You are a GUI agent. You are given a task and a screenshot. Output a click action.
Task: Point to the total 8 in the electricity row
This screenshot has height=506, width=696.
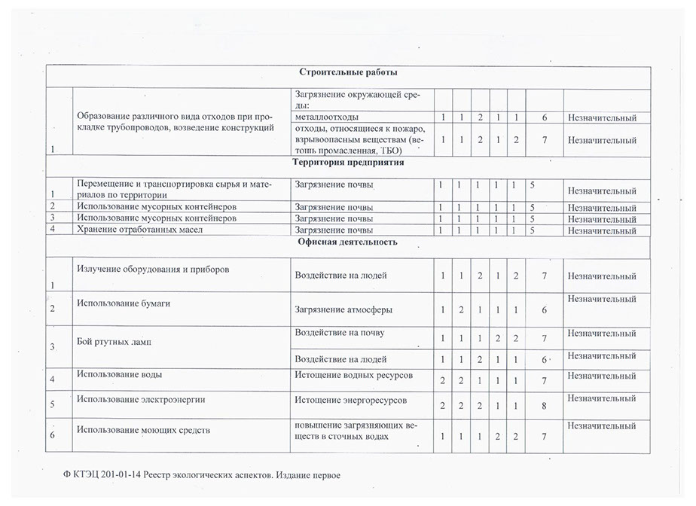pos(543,406)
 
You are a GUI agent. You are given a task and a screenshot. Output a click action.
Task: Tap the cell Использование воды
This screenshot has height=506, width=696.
pos(119,373)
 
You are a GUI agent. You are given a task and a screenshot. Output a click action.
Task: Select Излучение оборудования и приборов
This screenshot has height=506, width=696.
pos(152,269)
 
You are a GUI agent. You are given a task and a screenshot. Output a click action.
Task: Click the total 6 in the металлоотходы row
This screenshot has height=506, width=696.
pos(543,117)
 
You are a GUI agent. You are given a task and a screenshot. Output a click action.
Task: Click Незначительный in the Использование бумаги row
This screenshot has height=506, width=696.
pos(602,299)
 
